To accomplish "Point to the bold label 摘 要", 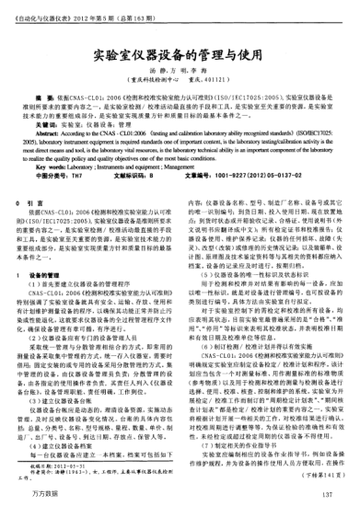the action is [x=45, y=95].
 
